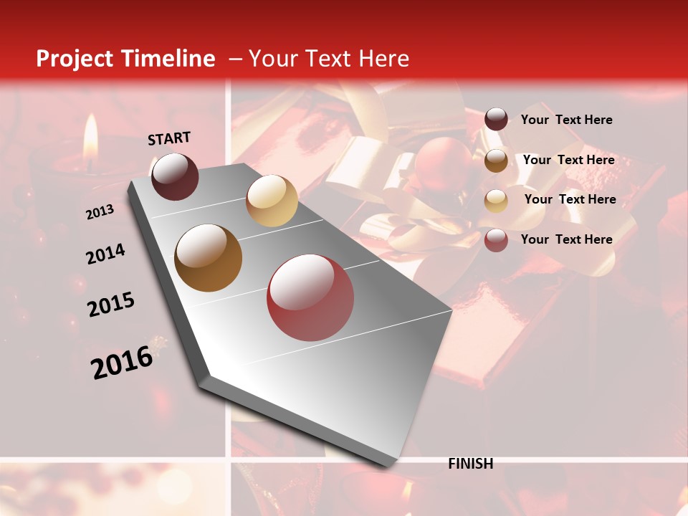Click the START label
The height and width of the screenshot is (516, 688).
169,138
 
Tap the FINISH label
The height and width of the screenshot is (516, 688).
470,464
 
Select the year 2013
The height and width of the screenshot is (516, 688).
100,212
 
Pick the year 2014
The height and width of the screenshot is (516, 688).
105,254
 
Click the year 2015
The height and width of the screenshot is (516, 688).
111,305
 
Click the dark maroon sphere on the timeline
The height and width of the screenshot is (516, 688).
175,176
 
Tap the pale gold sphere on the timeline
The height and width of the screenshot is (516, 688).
272,201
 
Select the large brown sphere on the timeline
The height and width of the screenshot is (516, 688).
208,258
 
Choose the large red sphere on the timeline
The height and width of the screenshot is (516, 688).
310,297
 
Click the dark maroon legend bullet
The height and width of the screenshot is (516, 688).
496,120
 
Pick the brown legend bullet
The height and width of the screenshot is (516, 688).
496,160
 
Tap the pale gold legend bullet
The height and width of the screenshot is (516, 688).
496,200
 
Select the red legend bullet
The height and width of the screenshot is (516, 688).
496,240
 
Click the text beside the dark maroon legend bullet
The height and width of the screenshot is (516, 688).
566,120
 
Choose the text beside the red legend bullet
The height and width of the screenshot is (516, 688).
566,239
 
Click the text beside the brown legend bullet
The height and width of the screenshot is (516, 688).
568,160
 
